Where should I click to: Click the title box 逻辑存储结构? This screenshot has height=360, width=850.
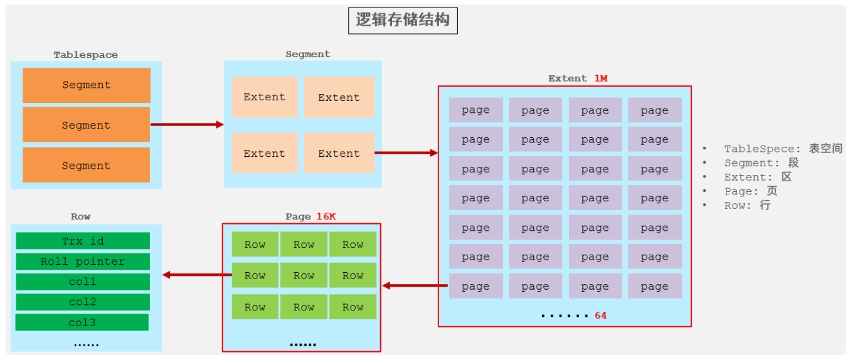pyautogui.click(x=403, y=20)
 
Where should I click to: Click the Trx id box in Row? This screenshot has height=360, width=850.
pyautogui.click(x=83, y=241)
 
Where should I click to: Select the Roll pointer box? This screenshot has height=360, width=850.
pyautogui.click(x=83, y=262)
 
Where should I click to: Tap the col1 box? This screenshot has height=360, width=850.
pyautogui.click(x=83, y=282)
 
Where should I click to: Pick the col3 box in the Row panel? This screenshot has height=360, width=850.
pyautogui.click(x=82, y=322)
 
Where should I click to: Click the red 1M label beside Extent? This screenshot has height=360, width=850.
pyautogui.click(x=601, y=78)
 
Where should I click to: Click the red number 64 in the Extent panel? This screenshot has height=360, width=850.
pyautogui.click(x=600, y=315)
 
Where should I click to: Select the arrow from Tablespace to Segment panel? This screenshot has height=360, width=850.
pyautogui.click(x=187, y=124)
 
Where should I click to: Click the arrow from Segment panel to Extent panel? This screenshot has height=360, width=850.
pyautogui.click(x=406, y=152)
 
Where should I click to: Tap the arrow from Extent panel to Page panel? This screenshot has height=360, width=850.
pyautogui.click(x=415, y=285)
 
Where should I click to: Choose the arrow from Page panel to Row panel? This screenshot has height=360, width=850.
pyautogui.click(x=196, y=275)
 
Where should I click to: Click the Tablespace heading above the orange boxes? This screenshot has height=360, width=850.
pyautogui.click(x=85, y=55)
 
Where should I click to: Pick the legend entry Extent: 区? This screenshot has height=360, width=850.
pyautogui.click(x=758, y=177)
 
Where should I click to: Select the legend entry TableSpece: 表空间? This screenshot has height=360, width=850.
pyautogui.click(x=783, y=149)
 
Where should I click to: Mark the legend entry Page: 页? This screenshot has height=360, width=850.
pyautogui.click(x=750, y=191)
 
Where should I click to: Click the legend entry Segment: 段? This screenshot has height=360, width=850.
pyautogui.click(x=762, y=163)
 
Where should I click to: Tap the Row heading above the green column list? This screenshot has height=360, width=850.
pyautogui.click(x=80, y=216)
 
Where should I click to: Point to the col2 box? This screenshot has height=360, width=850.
pyautogui.click(x=83, y=302)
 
